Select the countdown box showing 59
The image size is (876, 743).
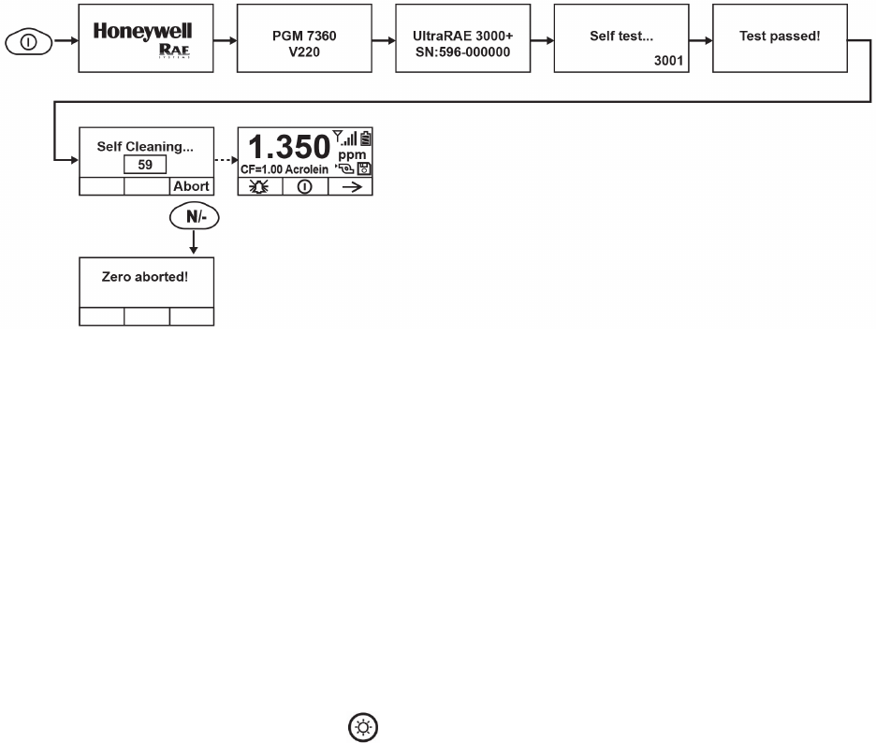click(145, 164)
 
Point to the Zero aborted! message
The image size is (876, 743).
click(145, 277)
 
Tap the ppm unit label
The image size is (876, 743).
click(353, 156)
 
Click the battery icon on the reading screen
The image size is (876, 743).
click(365, 138)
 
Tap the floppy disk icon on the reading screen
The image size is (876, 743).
click(364, 169)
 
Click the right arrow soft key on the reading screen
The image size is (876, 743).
click(351, 186)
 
